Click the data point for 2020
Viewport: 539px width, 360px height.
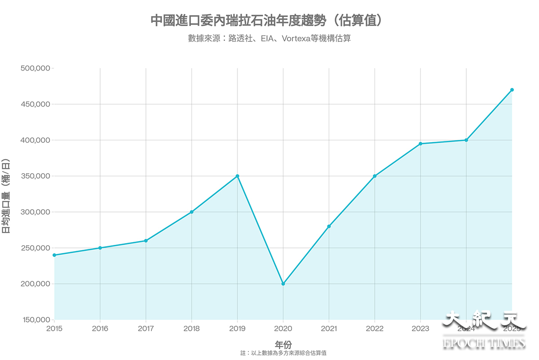pyautogui.click(x=283, y=284)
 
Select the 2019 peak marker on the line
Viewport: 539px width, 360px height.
pyautogui.click(x=237, y=176)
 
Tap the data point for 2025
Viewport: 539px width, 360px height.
pyautogui.click(x=512, y=90)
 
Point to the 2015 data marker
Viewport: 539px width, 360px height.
pyautogui.click(x=54, y=255)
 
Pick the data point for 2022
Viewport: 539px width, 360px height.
pyautogui.click(x=375, y=176)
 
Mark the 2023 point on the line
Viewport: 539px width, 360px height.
pyautogui.click(x=420, y=144)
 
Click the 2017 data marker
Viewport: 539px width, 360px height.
pyautogui.click(x=146, y=241)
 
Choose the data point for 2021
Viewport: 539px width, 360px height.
pyautogui.click(x=329, y=226)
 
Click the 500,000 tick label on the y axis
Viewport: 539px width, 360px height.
pyautogui.click(x=35, y=68)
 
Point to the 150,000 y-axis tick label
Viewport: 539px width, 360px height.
pyautogui.click(x=35, y=320)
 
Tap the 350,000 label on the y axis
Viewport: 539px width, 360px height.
pyautogui.click(x=35, y=176)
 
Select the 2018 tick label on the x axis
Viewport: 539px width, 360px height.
pyautogui.click(x=191, y=329)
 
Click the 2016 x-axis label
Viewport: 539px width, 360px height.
pyautogui.click(x=100, y=329)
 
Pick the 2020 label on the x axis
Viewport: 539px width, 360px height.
pyautogui.click(x=283, y=329)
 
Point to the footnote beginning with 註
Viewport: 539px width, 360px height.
pyautogui.click(x=283, y=353)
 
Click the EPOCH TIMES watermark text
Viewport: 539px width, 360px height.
pyautogui.click(x=484, y=343)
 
